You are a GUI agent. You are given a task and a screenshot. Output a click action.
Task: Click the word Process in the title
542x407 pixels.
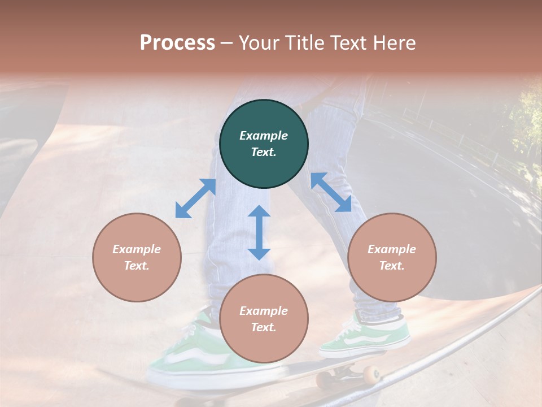click(x=177, y=43)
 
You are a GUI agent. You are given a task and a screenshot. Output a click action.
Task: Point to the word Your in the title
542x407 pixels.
click(x=260, y=43)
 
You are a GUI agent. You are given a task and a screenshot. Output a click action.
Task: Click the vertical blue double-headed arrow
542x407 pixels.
click(x=259, y=232)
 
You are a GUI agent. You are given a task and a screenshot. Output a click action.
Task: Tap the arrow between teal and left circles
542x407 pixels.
click(x=195, y=198)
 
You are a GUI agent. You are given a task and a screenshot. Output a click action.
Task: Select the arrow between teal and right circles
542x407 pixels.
click(x=331, y=193)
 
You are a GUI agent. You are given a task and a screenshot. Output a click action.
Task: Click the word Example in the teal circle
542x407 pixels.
click(x=264, y=136)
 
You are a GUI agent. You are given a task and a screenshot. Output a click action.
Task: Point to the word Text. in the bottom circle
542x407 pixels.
click(x=264, y=327)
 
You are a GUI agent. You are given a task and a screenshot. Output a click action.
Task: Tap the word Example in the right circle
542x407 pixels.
click(x=392, y=249)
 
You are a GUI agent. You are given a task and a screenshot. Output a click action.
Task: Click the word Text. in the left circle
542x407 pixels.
click(x=137, y=266)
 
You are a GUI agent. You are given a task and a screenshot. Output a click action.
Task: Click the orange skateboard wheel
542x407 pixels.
click(x=371, y=374)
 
